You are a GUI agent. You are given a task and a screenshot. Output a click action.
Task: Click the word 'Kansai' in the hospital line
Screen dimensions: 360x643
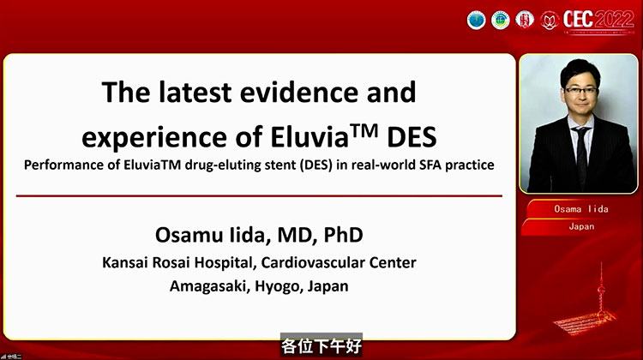coord(125,262)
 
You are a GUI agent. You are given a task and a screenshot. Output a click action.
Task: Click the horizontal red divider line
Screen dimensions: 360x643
coord(260,195)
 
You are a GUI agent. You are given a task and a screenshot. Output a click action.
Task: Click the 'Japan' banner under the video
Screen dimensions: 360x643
coord(580,227)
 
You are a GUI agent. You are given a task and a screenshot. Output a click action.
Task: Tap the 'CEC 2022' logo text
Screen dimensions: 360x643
coord(599,19)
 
